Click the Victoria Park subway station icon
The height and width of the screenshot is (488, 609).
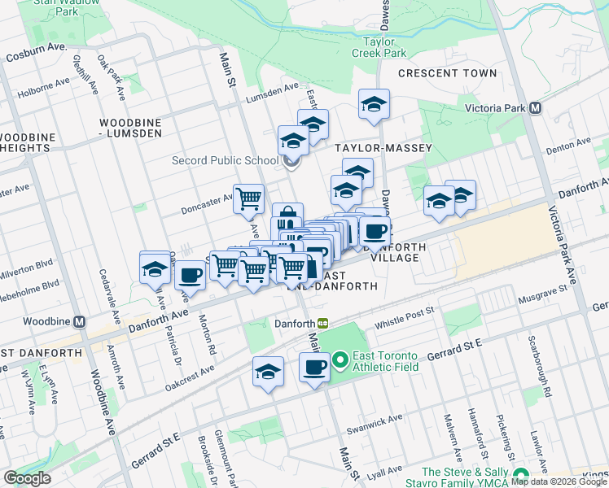point(535,107)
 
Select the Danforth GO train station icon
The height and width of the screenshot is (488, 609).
point(322,323)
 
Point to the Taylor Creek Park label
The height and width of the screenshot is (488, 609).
point(379,46)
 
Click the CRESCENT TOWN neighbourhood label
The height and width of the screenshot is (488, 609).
point(447,73)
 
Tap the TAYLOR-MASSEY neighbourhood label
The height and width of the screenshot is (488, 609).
point(383,148)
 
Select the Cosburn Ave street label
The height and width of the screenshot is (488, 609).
point(36,55)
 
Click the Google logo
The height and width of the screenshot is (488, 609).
point(27,478)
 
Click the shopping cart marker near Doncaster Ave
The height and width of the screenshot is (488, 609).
point(248,198)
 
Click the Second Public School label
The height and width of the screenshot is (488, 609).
point(225,160)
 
